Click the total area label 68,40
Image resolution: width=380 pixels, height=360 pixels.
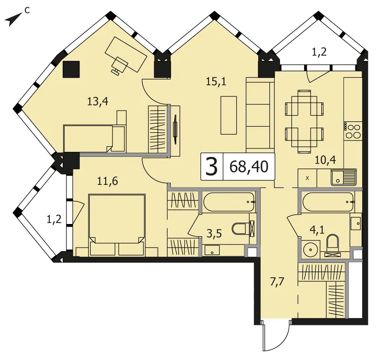tap(249, 167)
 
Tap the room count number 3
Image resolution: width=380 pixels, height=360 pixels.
tap(212, 167)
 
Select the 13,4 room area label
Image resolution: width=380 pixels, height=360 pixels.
tap(98, 101)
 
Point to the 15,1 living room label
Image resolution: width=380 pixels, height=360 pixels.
tap(216, 81)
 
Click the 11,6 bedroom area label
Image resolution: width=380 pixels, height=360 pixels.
tap(108, 181)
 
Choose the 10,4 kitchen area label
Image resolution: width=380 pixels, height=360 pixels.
tap(325, 160)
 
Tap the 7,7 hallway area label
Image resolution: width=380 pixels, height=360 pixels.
tap(277, 282)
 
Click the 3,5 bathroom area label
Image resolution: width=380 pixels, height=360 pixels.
tap(214, 234)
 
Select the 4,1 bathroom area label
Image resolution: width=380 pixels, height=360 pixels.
tap(317, 229)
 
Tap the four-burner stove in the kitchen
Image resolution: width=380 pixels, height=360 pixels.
tap(353, 131)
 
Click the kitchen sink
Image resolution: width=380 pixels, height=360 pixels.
tap(344, 177)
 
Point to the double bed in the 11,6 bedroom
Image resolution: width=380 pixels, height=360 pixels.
tap(117, 225)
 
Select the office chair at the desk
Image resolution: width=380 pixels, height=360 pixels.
tap(120, 64)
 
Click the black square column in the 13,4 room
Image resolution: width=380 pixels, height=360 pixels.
tap(71, 69)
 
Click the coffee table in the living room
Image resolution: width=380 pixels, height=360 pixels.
tap(228, 115)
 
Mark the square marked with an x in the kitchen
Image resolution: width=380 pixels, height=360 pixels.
tap(307, 178)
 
